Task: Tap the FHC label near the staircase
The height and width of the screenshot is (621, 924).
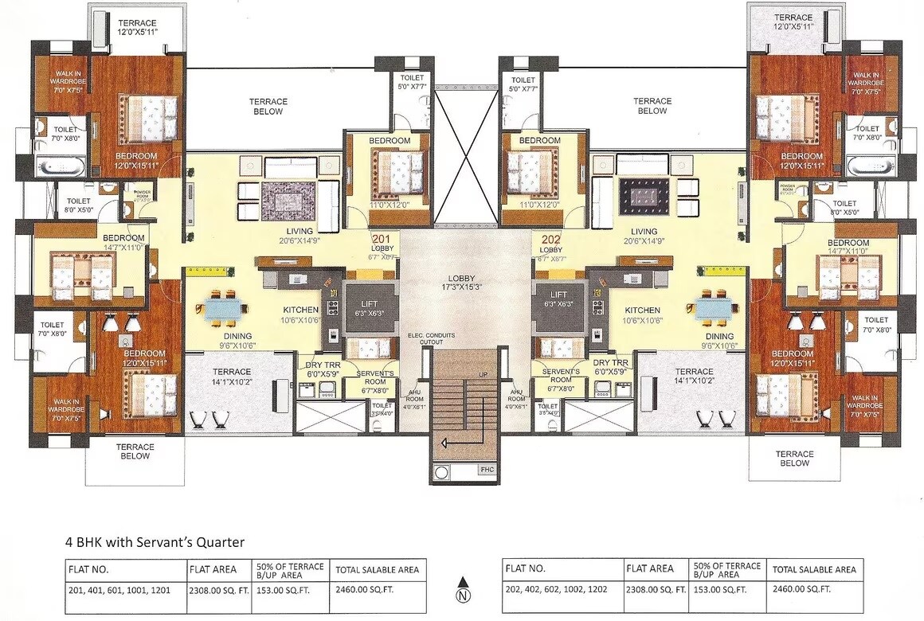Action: (x=487, y=470)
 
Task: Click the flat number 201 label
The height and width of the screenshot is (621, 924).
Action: (x=382, y=238)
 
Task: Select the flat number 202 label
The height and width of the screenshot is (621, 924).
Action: (x=550, y=238)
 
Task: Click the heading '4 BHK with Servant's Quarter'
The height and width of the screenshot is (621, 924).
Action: (x=155, y=542)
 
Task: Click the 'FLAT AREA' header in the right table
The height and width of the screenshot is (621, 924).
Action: (x=650, y=568)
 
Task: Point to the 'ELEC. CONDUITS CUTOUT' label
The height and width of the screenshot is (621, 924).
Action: (x=432, y=338)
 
